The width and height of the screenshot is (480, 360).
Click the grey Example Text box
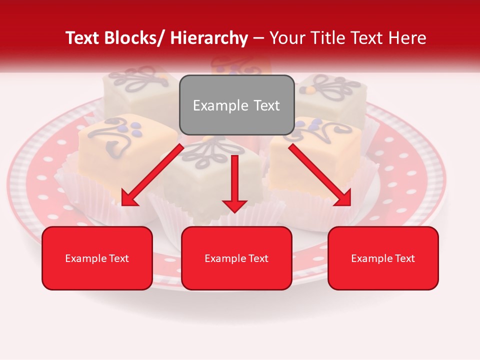(236, 105)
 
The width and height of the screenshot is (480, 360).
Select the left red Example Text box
(97, 258)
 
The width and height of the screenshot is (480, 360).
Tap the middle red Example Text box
(236, 258)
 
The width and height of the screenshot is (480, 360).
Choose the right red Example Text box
(383, 258)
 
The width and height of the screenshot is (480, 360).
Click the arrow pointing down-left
(152, 175)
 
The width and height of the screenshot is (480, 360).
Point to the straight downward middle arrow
(234, 180)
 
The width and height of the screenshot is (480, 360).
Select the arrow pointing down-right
(320, 175)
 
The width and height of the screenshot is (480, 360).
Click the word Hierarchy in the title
(209, 38)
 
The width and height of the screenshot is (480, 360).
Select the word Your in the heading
(286, 38)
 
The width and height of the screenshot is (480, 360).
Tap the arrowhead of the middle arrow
(234, 205)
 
